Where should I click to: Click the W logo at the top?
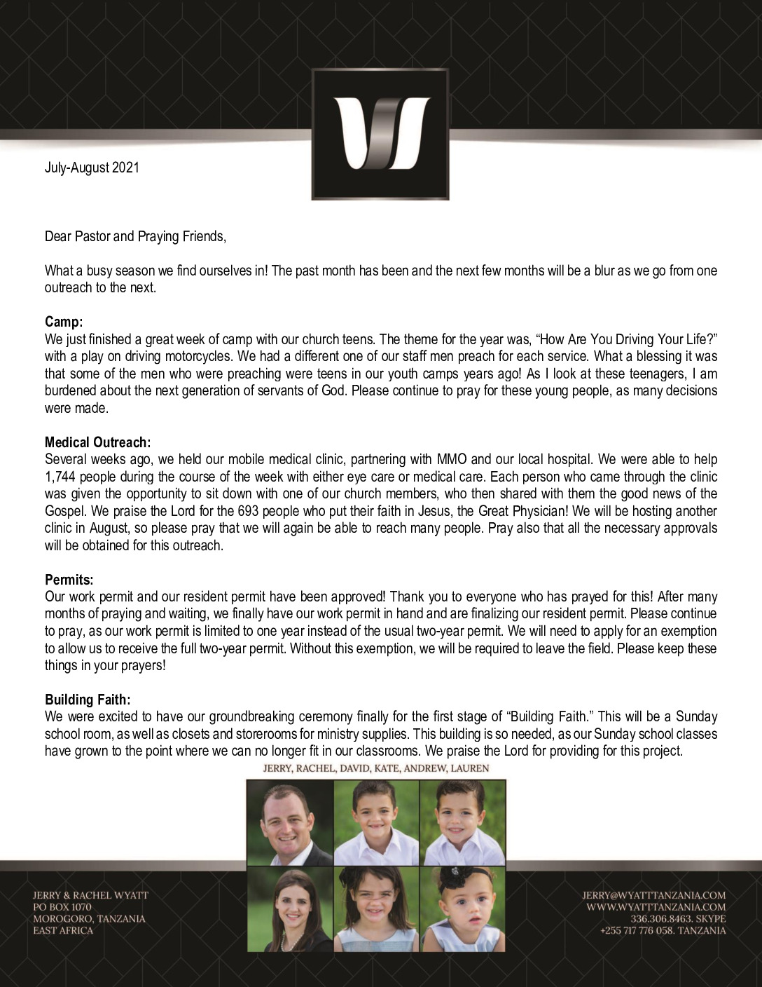point(380,134)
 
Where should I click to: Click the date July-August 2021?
point(92,168)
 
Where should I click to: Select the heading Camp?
point(64,322)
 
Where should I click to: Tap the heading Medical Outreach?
point(97,442)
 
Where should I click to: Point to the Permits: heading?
point(69,580)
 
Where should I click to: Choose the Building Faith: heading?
point(88,700)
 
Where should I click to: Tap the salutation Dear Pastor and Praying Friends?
point(135,236)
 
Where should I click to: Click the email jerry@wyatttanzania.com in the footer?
point(653,895)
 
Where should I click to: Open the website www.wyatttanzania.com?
point(656,907)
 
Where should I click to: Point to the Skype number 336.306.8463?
point(656,919)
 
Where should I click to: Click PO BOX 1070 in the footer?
point(62,907)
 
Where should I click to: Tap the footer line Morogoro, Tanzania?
point(89,919)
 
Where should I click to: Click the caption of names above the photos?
point(375,768)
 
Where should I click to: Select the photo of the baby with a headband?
point(462,908)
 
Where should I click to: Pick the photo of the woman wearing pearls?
point(290,908)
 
